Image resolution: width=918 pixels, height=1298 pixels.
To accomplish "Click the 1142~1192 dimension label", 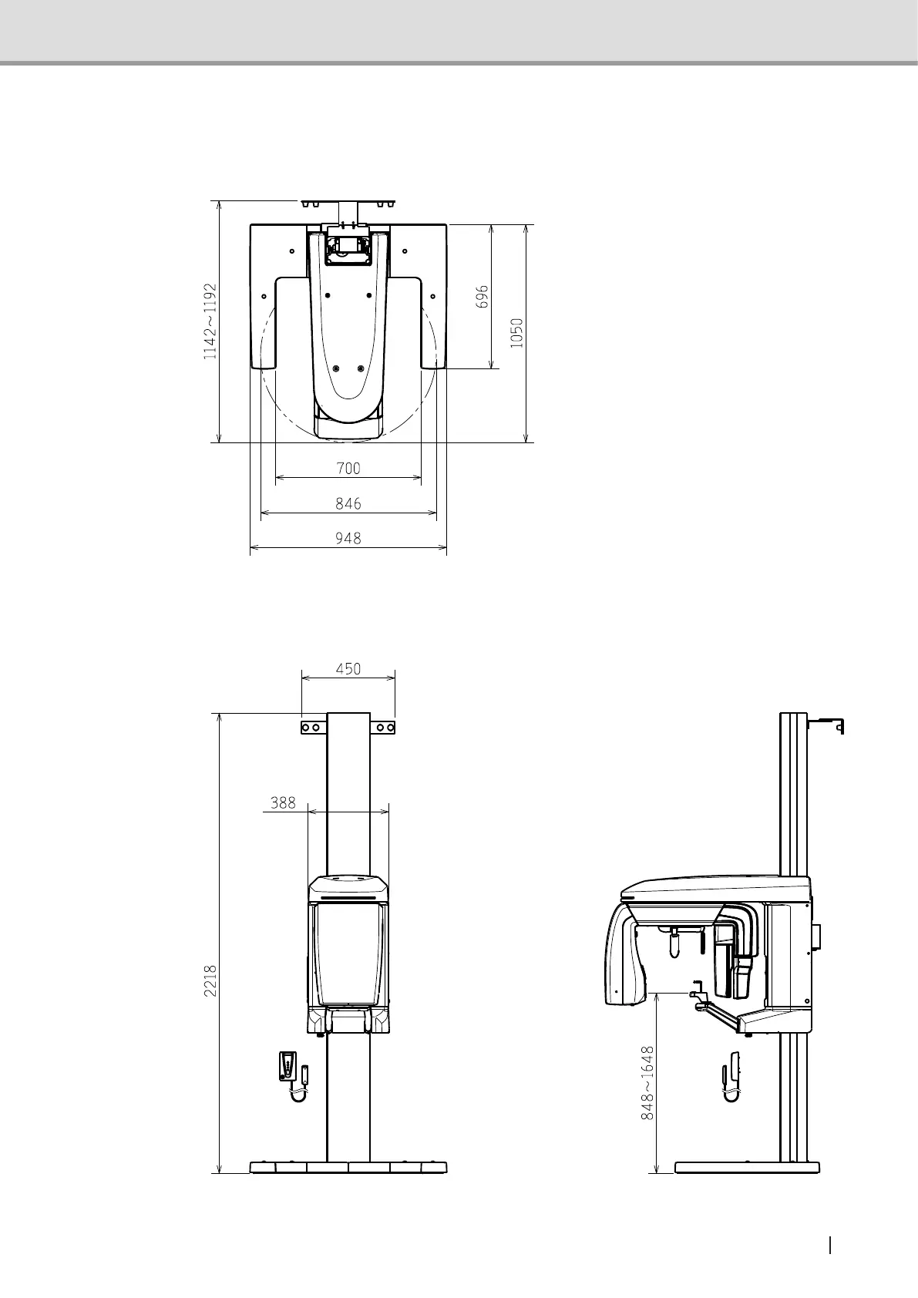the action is [210, 321].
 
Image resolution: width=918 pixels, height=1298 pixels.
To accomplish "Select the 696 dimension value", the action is [483, 296].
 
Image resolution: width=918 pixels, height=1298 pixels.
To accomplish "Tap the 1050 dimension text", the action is [516, 333].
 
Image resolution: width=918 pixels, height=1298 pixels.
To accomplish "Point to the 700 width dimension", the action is [348, 468].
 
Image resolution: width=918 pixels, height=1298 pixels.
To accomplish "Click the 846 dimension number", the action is [348, 503].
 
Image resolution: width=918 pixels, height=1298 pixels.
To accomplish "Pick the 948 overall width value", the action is [348, 538].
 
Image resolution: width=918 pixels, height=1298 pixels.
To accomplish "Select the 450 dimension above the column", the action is [348, 669].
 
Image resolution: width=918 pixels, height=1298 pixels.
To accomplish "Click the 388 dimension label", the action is [283, 802].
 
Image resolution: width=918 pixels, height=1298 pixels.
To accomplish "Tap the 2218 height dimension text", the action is [210, 980].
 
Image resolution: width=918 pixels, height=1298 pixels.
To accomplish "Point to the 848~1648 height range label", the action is [648, 1082].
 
